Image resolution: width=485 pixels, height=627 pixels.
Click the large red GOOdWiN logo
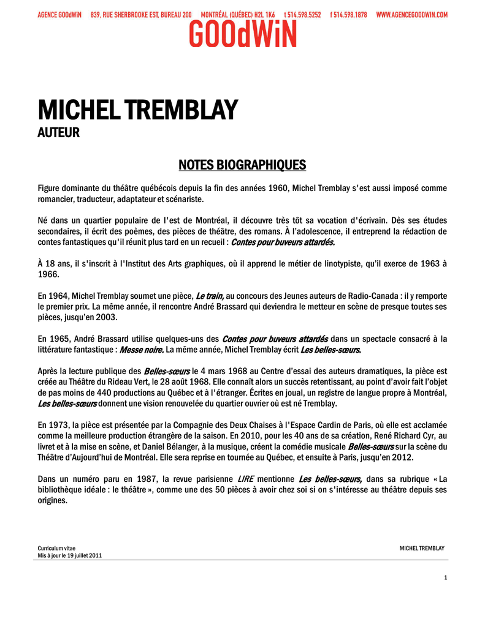[242, 34]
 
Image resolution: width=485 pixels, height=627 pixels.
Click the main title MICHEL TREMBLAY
[137, 110]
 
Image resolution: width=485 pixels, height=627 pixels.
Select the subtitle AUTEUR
[58, 132]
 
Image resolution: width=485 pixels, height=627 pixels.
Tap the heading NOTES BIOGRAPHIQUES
[242, 165]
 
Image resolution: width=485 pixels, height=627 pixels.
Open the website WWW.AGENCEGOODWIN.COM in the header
[411, 14]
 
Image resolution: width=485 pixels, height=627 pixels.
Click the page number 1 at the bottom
[446, 578]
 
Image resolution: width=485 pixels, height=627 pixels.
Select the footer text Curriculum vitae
[56, 548]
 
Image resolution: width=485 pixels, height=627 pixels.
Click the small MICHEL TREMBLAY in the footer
[422, 548]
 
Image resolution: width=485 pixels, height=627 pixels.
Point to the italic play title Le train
[210, 296]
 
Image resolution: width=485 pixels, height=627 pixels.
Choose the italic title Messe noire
[142, 350]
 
